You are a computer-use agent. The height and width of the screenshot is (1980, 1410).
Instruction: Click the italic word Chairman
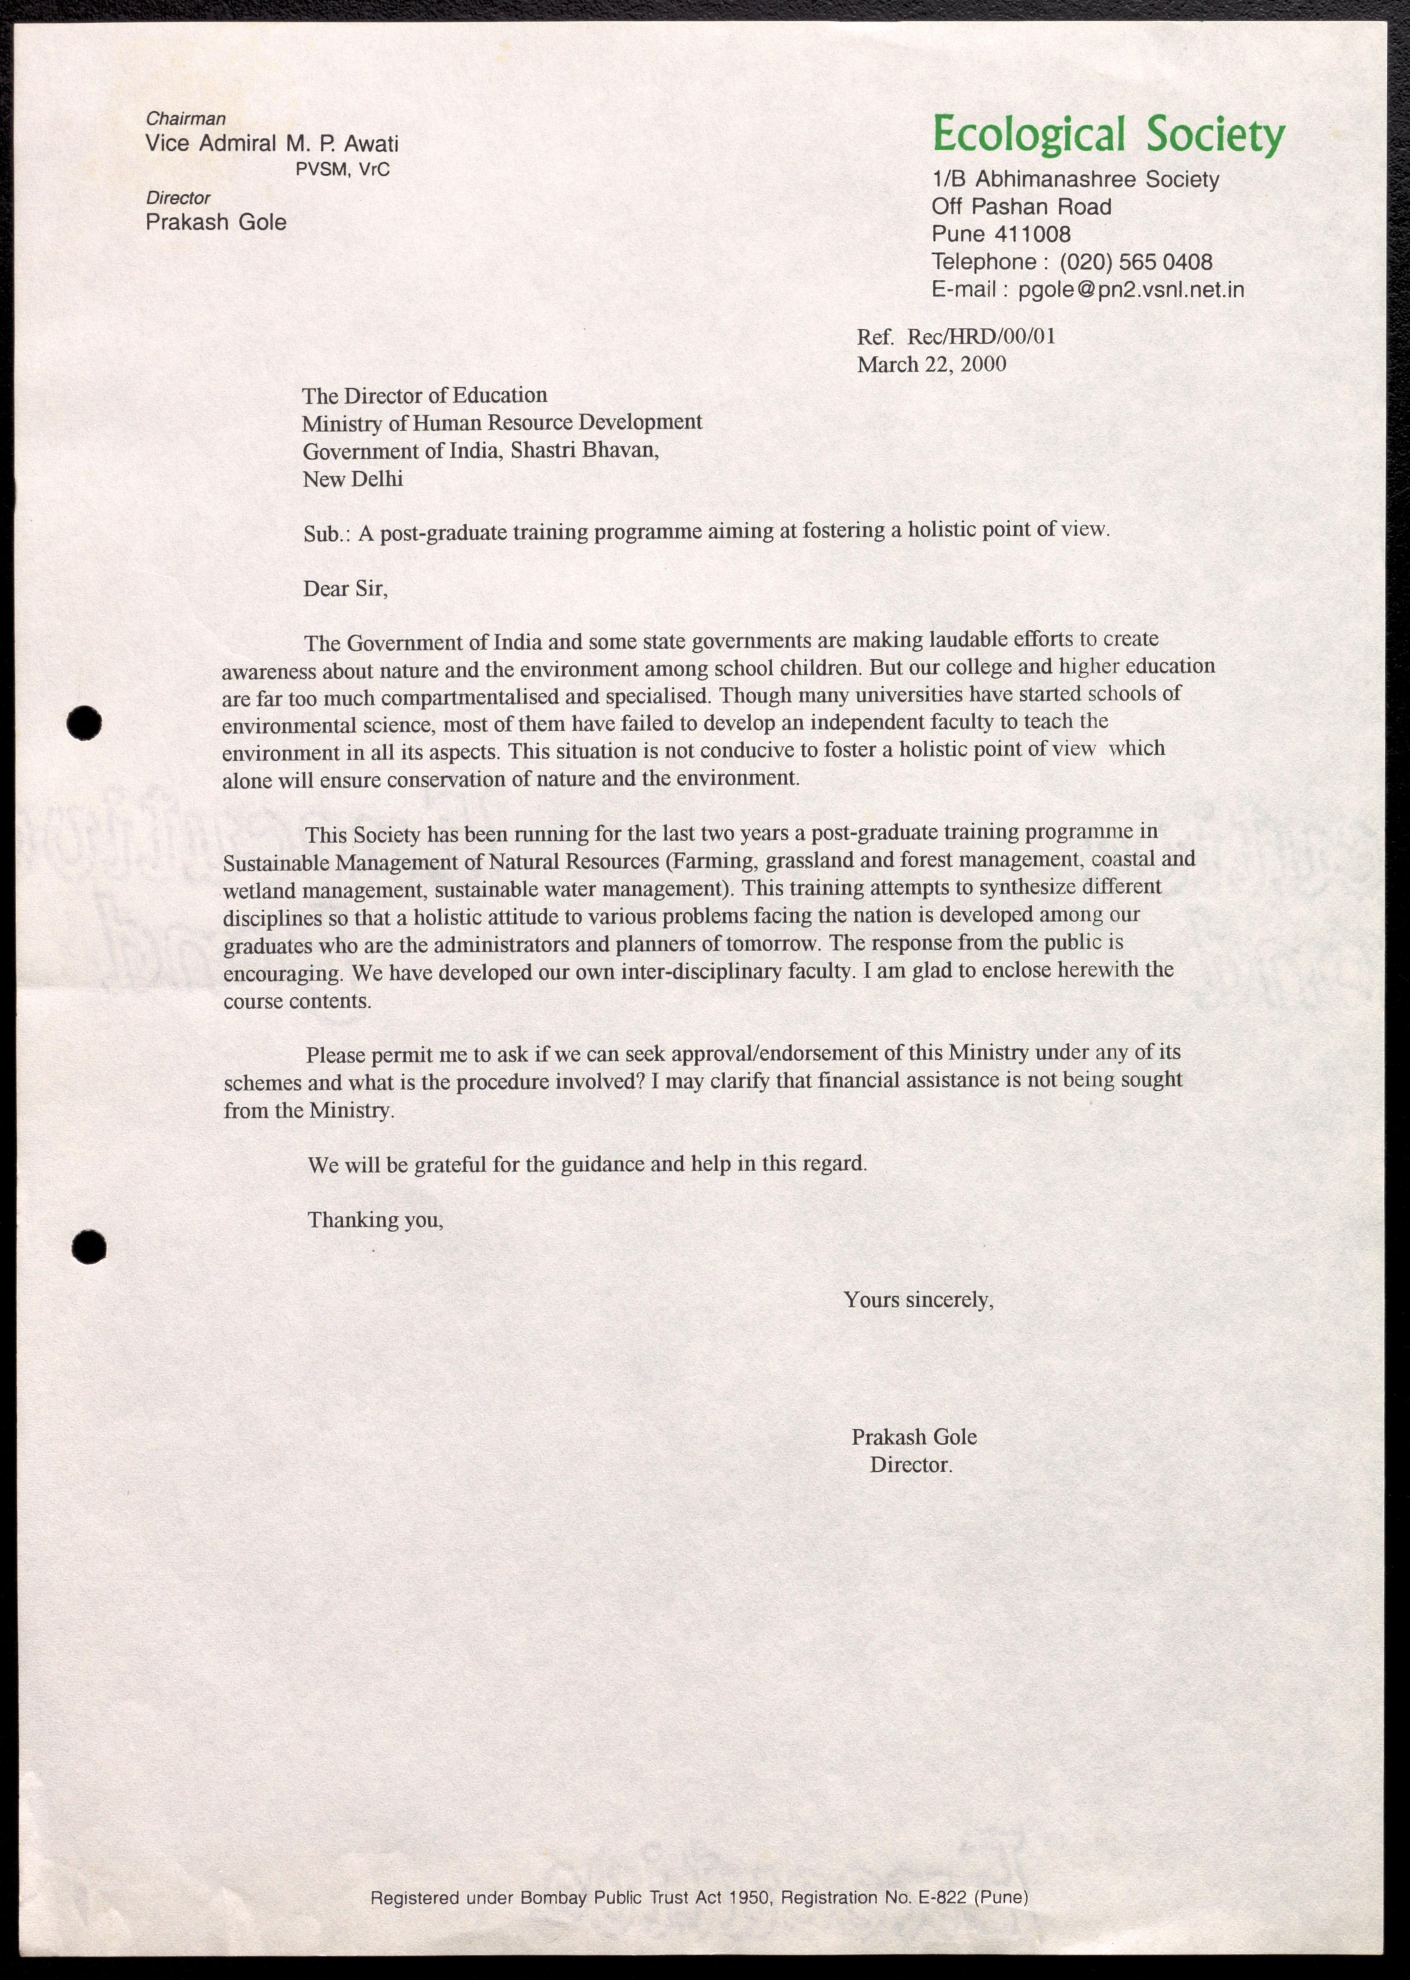[186, 119]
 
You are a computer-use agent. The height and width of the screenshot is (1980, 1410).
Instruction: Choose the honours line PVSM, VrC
[343, 170]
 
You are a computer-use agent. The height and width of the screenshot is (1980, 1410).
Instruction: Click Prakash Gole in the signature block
[914, 1436]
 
